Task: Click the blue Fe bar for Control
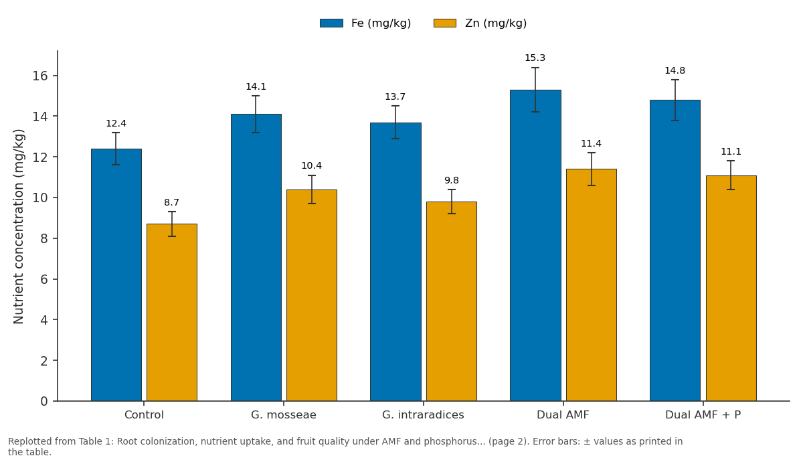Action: click(116, 275)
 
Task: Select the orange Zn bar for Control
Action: click(172, 313)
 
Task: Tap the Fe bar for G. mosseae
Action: click(256, 258)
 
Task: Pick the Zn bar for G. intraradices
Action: click(451, 301)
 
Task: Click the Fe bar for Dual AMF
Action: click(535, 245)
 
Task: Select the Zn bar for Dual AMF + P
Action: click(731, 289)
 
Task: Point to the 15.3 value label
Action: click(535, 58)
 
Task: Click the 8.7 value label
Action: click(171, 202)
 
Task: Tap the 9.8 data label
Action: click(451, 180)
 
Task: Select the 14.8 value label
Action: click(675, 70)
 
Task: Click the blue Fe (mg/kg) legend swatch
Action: click(331, 23)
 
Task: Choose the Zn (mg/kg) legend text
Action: click(496, 23)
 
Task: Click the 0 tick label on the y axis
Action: click(44, 401)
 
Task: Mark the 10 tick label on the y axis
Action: click(40, 198)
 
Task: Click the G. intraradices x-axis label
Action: click(423, 414)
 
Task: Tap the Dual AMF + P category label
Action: click(703, 414)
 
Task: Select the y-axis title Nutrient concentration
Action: click(18, 226)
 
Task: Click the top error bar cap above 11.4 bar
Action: click(591, 153)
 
